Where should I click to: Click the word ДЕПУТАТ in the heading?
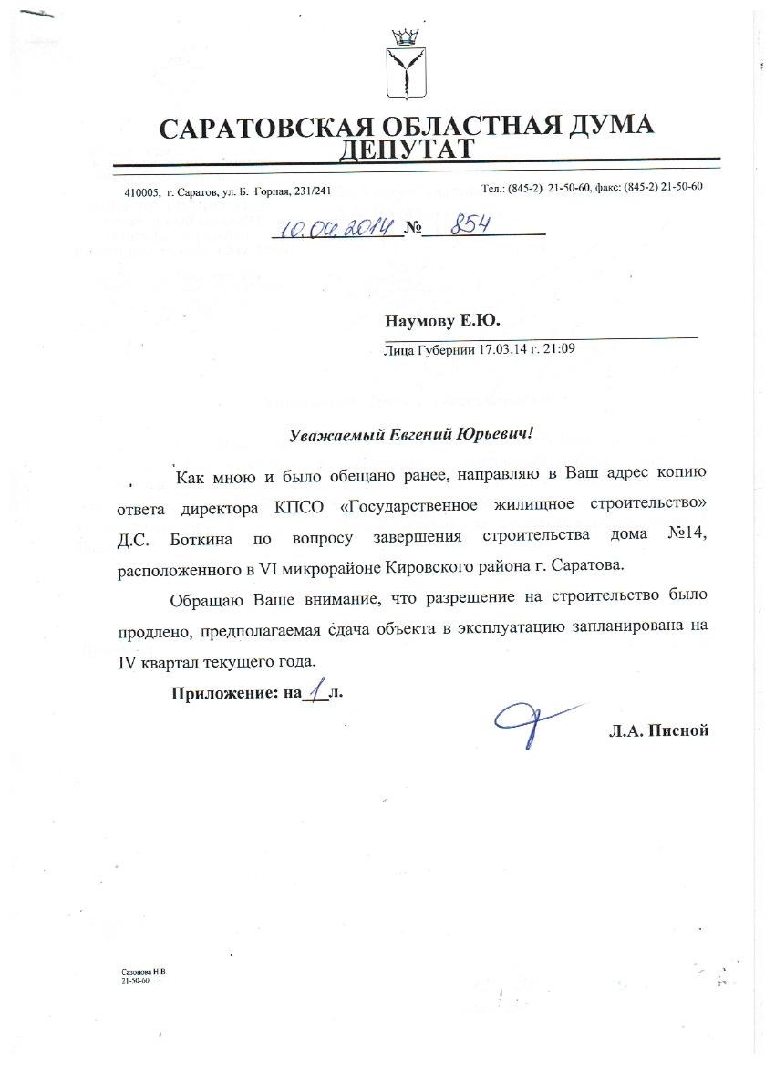click(406, 149)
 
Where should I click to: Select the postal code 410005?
click(141, 192)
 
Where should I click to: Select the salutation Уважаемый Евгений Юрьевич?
click(409, 435)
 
